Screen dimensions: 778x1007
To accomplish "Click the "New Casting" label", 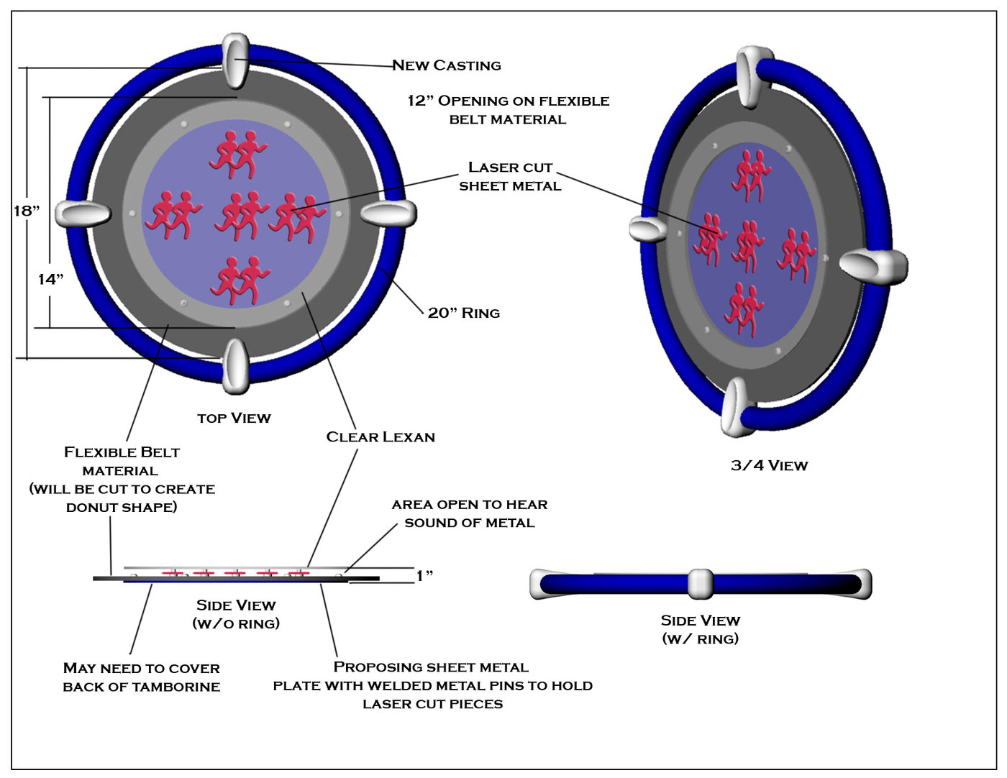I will click(446, 65).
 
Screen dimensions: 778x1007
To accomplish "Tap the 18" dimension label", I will click(27, 211).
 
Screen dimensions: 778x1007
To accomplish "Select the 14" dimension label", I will click(50, 279).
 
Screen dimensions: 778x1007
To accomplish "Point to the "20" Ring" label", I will click(463, 313).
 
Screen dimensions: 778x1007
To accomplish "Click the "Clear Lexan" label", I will click(381, 436).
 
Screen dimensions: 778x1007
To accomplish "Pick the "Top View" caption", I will click(234, 418).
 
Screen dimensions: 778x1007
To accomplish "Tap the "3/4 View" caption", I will click(769, 465).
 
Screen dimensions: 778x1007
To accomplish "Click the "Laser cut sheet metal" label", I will click(510, 176).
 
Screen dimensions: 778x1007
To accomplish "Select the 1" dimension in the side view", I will click(424, 576).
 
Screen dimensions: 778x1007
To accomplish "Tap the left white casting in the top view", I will click(83, 214).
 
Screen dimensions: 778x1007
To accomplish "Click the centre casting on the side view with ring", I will click(700, 583).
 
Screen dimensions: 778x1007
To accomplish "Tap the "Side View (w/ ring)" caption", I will click(700, 629).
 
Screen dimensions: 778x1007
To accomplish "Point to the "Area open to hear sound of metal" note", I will click(470, 513).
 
